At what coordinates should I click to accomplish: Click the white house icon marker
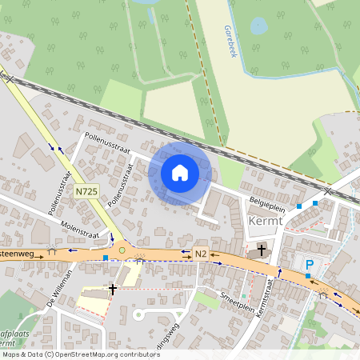point(180,173)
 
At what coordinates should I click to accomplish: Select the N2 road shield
point(201,254)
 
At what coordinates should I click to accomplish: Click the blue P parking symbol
point(308,264)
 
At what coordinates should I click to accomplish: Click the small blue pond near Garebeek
point(259,26)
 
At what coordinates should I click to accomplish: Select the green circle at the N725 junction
point(122,251)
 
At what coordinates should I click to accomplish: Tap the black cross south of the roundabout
point(113,289)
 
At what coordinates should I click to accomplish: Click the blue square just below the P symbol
point(307,276)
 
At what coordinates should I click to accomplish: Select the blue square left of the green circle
point(105,258)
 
